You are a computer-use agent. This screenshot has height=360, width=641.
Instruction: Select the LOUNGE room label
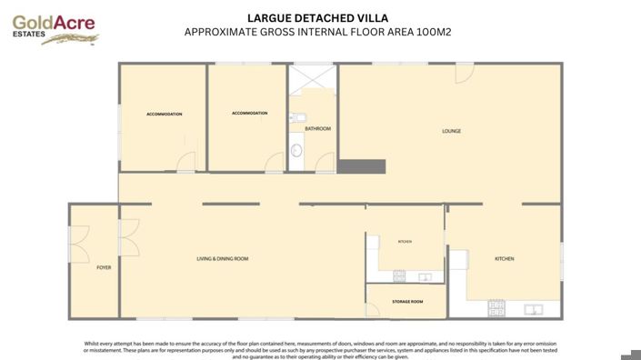(x=451, y=131)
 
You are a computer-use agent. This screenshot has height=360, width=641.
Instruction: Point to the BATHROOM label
(x=317, y=129)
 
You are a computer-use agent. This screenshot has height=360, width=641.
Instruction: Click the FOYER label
(x=104, y=268)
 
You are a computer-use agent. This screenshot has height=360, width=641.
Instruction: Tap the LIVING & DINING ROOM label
(x=223, y=259)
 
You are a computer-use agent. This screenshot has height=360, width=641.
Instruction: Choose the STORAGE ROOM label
(x=407, y=301)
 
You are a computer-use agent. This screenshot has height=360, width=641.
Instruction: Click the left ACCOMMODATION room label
(x=165, y=115)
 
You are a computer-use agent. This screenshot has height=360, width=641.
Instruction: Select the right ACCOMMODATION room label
(x=249, y=113)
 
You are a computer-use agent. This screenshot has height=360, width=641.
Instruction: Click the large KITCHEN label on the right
(x=504, y=259)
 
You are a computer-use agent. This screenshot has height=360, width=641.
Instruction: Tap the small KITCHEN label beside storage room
(x=406, y=242)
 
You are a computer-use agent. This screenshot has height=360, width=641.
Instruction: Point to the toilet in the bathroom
(x=296, y=117)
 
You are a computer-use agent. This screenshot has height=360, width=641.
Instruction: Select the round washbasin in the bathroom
(x=295, y=151)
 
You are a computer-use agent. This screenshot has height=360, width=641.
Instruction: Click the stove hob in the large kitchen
(x=496, y=307)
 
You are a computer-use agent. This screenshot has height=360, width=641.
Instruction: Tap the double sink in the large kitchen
(x=537, y=307)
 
